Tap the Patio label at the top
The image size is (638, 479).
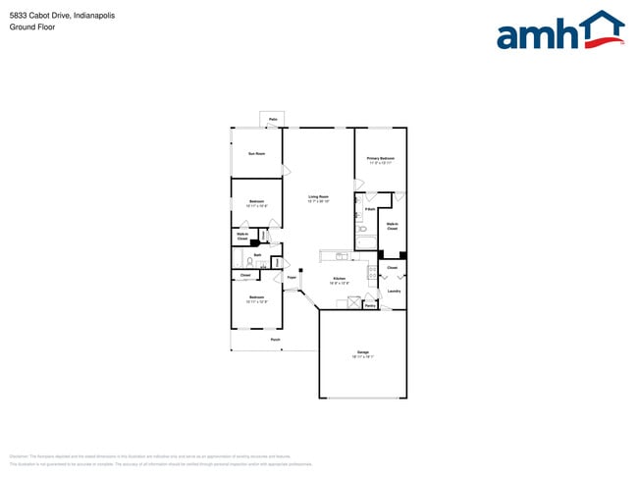click(x=272, y=119)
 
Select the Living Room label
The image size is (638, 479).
click(x=318, y=197)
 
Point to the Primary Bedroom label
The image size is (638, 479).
click(x=380, y=159)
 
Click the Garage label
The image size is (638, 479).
click(x=362, y=352)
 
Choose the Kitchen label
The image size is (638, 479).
click(x=340, y=279)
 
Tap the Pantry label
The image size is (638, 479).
click(x=370, y=305)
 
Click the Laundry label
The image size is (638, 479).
click(x=393, y=291)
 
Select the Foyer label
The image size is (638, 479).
click(x=292, y=278)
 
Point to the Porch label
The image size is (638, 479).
click(x=275, y=340)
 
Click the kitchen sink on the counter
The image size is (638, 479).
click(x=341, y=256)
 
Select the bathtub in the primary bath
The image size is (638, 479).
click(x=365, y=241)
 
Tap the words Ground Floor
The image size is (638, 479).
click(x=32, y=27)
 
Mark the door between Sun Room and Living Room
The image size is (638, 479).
click(x=286, y=171)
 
